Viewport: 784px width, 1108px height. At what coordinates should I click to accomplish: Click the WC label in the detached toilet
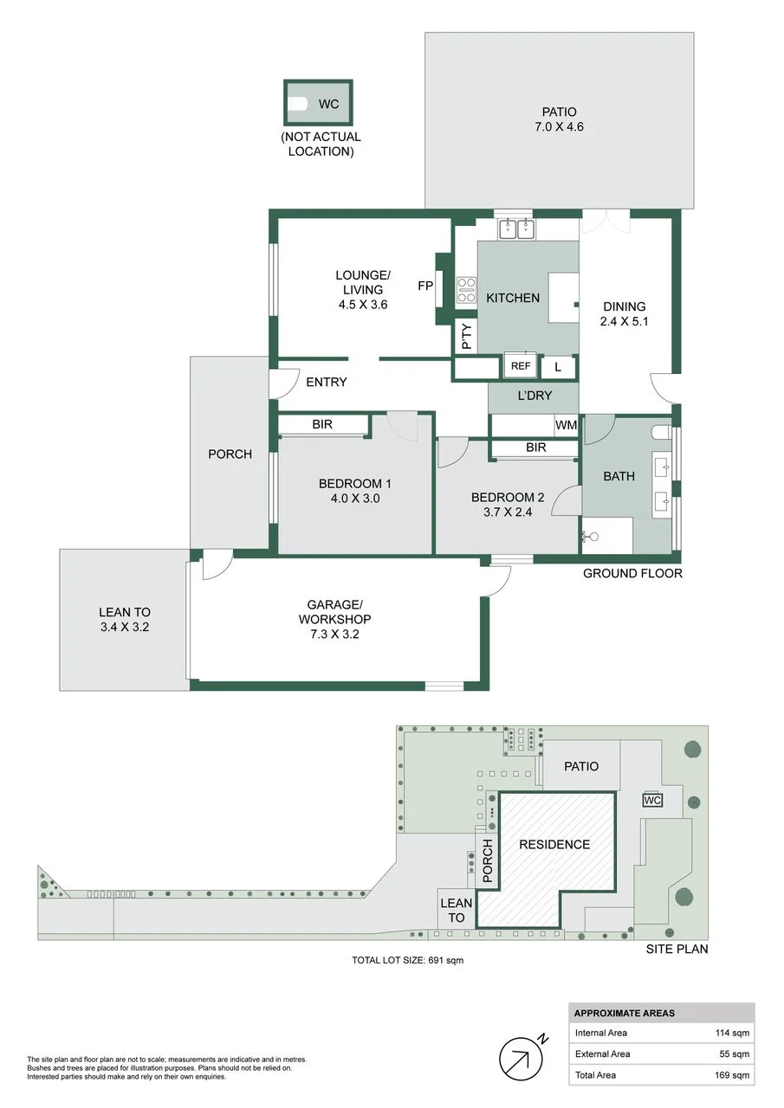click(328, 104)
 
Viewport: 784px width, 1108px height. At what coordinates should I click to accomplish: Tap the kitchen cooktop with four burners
click(466, 289)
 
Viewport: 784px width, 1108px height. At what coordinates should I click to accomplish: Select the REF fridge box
click(520, 365)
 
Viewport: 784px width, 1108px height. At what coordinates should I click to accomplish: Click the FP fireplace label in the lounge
click(425, 286)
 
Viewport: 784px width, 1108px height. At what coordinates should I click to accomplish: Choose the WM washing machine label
click(566, 425)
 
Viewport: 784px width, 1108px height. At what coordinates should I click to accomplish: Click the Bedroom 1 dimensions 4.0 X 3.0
click(355, 498)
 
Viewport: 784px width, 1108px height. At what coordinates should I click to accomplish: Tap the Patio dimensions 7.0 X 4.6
click(559, 126)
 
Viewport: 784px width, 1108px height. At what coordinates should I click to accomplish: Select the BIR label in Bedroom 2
click(536, 448)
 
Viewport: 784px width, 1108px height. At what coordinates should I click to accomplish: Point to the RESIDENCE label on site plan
click(554, 844)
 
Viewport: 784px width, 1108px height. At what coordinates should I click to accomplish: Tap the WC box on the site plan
click(651, 800)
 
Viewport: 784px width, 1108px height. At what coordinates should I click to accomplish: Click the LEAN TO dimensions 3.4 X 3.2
click(125, 627)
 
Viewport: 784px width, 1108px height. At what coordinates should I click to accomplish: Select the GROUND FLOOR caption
click(632, 573)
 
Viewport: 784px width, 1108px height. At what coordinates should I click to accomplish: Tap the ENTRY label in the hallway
click(327, 382)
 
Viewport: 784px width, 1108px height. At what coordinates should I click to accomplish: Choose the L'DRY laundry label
click(535, 396)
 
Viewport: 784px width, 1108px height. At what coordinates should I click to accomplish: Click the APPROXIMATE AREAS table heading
click(624, 1013)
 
